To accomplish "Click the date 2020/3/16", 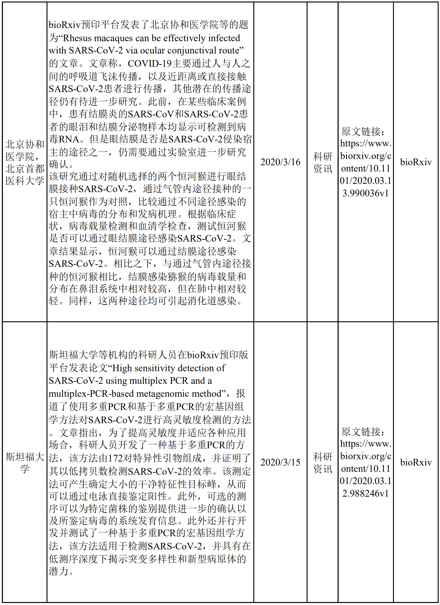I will (x=280, y=162).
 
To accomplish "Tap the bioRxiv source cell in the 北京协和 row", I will (x=416, y=162).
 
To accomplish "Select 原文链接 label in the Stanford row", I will (x=363, y=432).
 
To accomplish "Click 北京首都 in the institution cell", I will (x=25, y=169).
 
